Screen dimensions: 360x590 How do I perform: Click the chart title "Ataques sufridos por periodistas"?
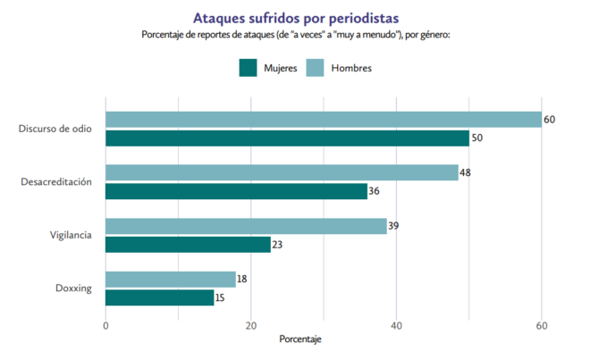pos(295,17)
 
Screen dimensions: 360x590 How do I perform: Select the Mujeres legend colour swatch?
pos(248,68)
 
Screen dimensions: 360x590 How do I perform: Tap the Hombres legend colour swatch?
pos(316,68)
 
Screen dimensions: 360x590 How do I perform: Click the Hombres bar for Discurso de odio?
pos(324,120)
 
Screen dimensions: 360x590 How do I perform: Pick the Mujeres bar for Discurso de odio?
pos(287,138)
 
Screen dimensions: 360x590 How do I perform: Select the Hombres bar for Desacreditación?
pos(282,172)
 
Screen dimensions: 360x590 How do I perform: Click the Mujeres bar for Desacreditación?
pos(236,191)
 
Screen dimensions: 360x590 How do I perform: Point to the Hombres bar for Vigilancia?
pos(246,226)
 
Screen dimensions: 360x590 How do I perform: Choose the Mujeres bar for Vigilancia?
pos(188,244)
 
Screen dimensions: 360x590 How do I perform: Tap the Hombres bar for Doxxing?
pos(171,280)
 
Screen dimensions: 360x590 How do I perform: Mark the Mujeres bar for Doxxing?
pos(160,297)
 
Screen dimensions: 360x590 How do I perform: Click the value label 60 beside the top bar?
pos(550,120)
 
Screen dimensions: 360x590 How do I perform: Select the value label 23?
pos(278,244)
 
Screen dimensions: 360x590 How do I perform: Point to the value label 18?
pos(242,280)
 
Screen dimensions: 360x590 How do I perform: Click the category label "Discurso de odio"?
pos(55,129)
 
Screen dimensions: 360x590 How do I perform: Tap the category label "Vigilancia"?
pos(71,235)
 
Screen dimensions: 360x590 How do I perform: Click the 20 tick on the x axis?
pos(251,325)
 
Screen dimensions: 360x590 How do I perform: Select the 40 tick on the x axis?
pos(396,325)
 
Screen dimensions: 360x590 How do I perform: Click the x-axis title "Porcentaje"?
pos(300,341)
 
